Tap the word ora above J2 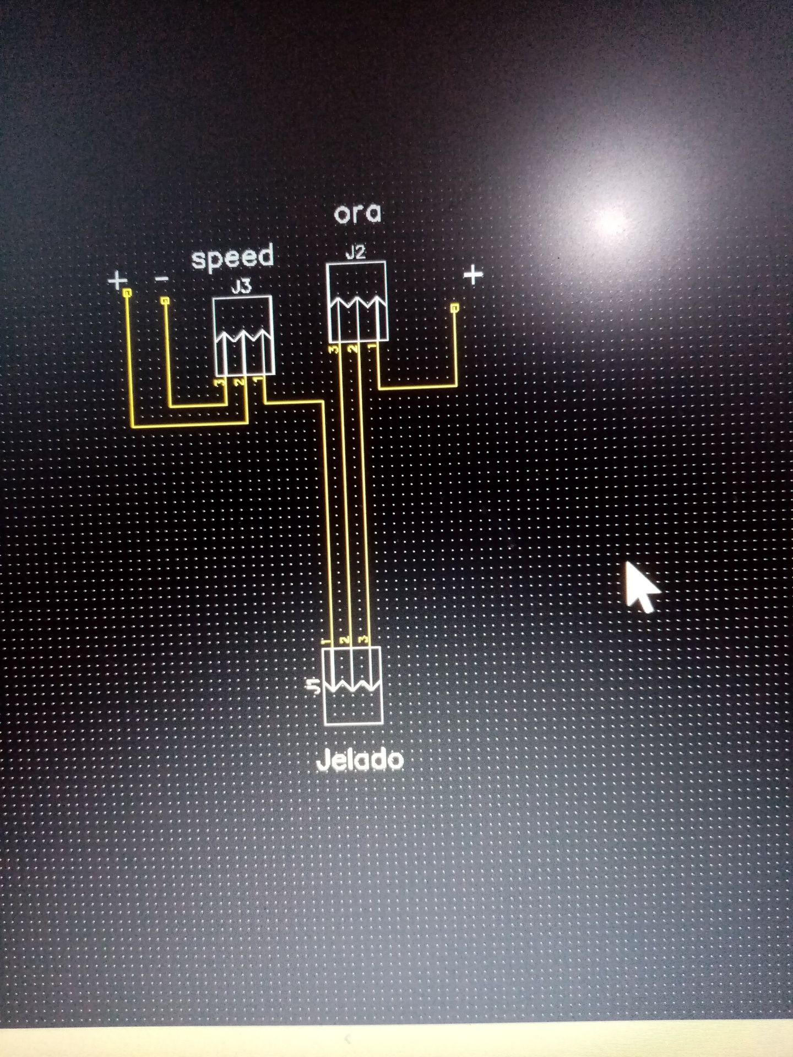point(357,213)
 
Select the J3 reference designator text point(241,286)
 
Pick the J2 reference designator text point(355,252)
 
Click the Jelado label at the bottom point(360,760)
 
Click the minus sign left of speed point(161,280)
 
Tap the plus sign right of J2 point(473,274)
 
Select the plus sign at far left point(117,281)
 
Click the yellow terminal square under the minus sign point(164,301)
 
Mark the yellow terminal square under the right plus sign point(455,308)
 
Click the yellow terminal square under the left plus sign point(127,293)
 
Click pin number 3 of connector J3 point(221,382)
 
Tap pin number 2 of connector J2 point(353,349)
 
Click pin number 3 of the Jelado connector point(362,640)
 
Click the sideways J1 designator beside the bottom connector point(314,686)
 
